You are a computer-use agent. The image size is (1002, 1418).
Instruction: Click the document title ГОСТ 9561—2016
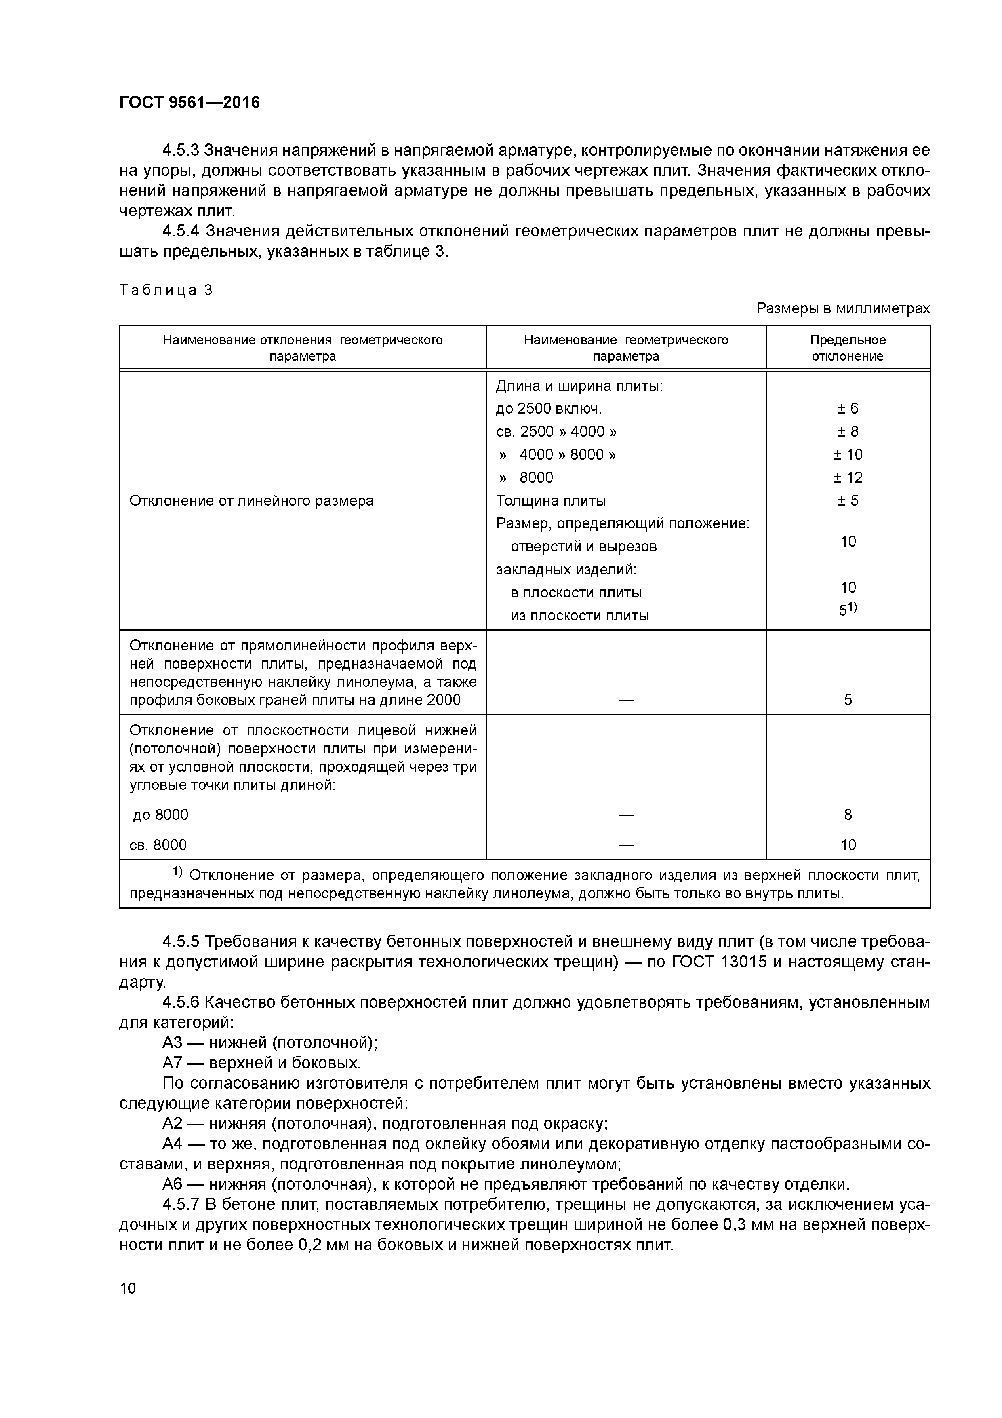point(189,103)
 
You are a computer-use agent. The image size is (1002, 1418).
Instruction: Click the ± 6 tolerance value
point(848,408)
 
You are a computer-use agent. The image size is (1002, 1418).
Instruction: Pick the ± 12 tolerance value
point(848,477)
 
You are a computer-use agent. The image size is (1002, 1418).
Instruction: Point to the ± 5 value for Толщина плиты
point(848,500)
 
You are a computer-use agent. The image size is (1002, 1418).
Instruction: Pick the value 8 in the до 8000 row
point(848,815)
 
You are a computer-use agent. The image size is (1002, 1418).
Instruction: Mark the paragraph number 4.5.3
point(180,150)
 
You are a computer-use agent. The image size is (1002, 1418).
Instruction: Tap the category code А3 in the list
point(172,1042)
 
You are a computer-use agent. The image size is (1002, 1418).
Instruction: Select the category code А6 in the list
point(172,1184)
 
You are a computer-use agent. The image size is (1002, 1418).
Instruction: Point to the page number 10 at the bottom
point(128,1288)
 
